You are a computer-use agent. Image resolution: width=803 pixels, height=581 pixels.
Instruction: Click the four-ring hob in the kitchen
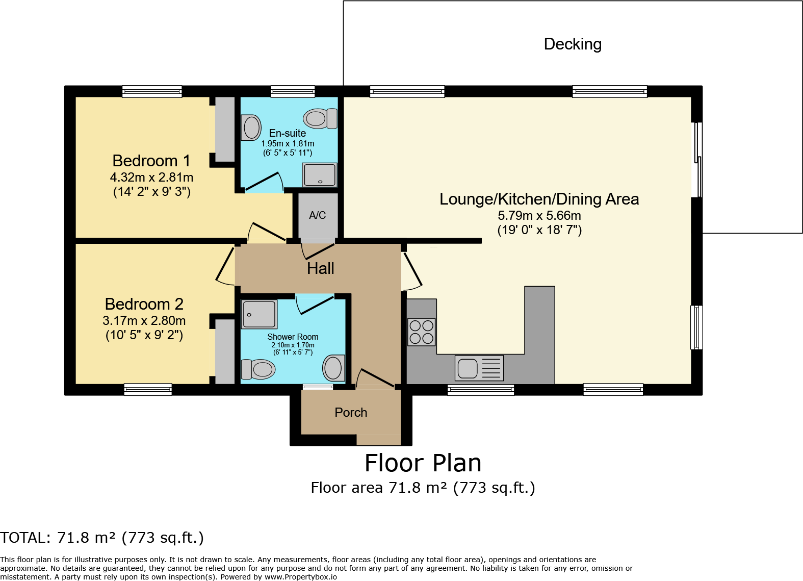point(421,332)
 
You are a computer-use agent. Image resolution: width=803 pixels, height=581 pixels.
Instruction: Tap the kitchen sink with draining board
point(479,368)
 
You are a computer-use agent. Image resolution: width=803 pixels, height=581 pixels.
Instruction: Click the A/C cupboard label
point(317,215)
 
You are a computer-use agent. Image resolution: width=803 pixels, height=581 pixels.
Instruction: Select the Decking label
point(573,44)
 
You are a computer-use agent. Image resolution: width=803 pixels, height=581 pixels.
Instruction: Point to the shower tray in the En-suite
point(320,175)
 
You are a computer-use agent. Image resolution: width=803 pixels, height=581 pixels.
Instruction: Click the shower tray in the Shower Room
point(259,314)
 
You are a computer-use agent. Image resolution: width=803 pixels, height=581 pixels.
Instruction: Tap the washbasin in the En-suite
point(251,128)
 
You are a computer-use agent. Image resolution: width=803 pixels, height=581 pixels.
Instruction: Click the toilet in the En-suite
point(320,119)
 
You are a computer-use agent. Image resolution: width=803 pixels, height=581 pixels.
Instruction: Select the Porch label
point(351,413)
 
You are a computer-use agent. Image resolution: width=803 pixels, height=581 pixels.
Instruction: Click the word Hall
point(320,268)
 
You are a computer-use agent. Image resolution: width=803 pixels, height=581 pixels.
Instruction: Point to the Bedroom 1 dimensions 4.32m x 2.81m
point(151,178)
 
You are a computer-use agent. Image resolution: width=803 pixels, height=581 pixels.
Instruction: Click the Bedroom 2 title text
point(144,304)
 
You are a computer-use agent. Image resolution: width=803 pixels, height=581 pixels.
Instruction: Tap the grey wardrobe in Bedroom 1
point(225,129)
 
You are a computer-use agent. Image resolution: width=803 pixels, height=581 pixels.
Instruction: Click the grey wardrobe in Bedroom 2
point(225,351)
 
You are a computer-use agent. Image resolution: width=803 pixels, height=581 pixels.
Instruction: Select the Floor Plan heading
point(423,463)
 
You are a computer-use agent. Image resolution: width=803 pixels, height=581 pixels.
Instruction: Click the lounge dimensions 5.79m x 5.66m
point(539,216)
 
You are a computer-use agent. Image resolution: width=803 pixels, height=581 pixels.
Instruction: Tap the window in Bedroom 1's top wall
point(152,92)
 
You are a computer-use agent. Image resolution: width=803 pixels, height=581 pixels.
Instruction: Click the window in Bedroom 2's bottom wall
point(148,390)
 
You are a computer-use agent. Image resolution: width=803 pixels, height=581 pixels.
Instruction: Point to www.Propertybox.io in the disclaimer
point(300,577)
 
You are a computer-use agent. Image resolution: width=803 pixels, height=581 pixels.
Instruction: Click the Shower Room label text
point(293,337)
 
